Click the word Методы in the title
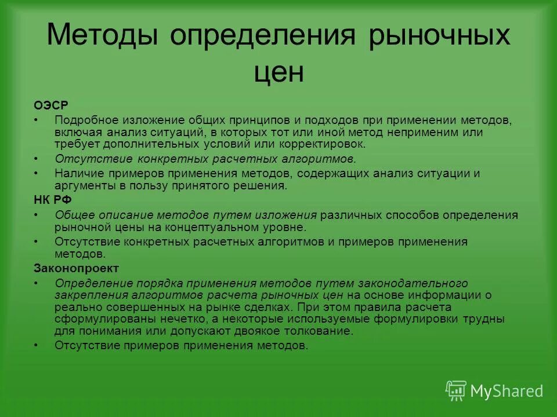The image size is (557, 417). [103, 35]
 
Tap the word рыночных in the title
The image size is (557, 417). [439, 35]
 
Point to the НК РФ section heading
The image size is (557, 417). [50, 200]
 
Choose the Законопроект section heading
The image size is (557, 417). [76, 268]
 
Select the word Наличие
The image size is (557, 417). [77, 173]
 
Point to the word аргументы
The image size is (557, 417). [82, 185]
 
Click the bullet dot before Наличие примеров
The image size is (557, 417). [36, 173]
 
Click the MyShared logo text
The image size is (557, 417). [507, 391]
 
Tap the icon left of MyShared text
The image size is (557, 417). [455, 390]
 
